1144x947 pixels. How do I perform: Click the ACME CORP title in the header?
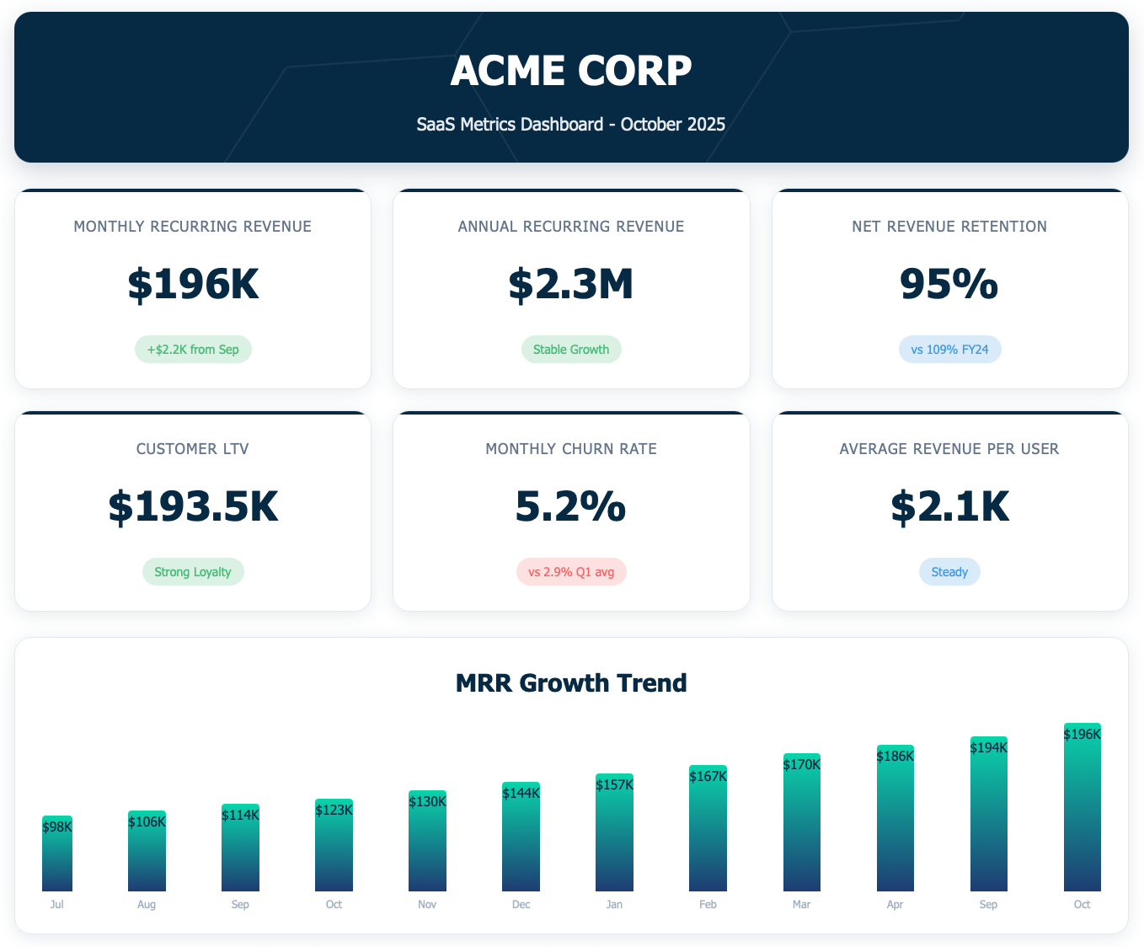[571, 71]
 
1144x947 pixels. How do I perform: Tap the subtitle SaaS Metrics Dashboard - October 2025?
[571, 125]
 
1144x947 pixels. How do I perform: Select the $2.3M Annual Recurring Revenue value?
[571, 284]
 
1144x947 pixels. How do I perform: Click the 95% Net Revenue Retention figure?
[949, 284]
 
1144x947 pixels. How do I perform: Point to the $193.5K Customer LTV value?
[193, 506]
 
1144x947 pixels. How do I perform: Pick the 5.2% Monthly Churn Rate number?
[571, 506]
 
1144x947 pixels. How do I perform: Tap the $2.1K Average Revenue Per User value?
[949, 506]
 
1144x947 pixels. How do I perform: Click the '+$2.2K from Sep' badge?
[193, 350]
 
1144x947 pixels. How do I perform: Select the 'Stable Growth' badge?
[571, 350]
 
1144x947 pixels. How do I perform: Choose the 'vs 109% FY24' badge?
[949, 350]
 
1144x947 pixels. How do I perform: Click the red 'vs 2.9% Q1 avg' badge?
[571, 572]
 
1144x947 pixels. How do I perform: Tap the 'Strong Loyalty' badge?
[193, 572]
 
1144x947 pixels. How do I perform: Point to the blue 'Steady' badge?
[949, 572]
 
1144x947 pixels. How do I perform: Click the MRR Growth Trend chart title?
[571, 682]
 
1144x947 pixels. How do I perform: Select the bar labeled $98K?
[57, 859]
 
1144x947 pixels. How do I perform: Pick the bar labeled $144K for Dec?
[521, 843]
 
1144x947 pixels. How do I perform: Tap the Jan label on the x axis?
[614, 905]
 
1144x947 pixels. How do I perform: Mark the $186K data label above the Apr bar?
[895, 757]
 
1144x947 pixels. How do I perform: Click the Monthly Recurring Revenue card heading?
[193, 227]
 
